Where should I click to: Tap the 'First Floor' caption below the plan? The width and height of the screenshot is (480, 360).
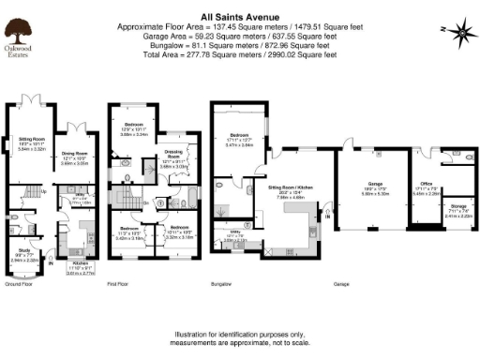[x=117, y=282]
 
